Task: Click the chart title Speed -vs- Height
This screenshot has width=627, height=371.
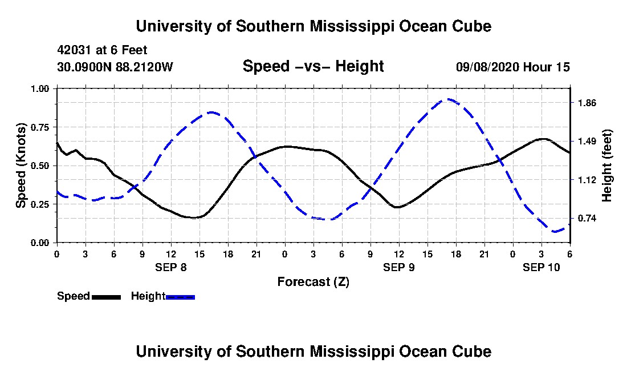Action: tap(313, 66)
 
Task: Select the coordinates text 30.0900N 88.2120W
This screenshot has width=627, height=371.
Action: tap(115, 67)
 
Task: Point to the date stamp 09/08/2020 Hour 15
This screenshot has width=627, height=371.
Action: tap(512, 67)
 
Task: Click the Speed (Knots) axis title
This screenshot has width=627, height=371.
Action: tap(21, 165)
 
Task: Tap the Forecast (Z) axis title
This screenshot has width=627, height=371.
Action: tap(313, 281)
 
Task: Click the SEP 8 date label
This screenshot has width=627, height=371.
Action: tap(171, 267)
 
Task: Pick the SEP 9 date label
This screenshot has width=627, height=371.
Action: tap(399, 267)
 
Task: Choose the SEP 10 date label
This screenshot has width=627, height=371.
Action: tap(541, 267)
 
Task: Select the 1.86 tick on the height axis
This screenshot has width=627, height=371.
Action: tap(587, 103)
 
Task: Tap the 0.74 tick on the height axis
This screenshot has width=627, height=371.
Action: tap(587, 219)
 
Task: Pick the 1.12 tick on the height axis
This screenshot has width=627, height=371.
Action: tap(587, 180)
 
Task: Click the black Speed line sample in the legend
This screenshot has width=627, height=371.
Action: tap(106, 297)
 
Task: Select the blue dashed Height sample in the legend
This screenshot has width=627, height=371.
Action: tap(180, 297)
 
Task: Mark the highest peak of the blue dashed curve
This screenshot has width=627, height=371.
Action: tap(449, 99)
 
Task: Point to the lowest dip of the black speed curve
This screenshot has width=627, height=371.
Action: tap(194, 217)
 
